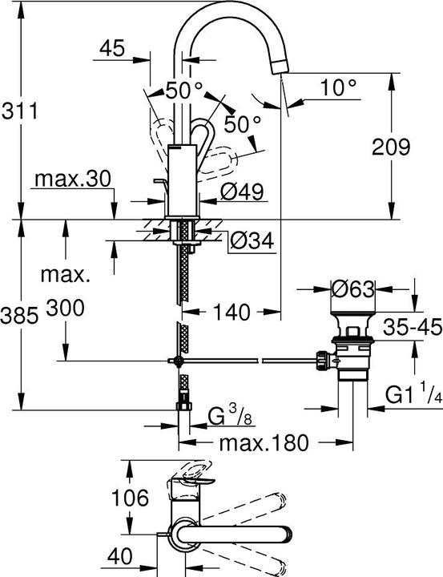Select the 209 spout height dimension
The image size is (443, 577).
[391, 147]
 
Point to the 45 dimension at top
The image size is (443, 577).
[112, 50]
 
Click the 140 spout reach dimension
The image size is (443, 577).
[232, 311]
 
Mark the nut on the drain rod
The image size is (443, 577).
[324, 361]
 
